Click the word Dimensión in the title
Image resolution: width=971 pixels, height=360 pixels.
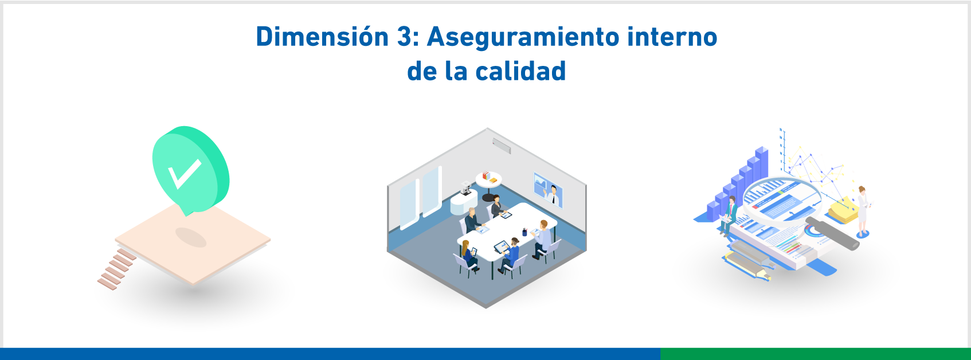click(322, 37)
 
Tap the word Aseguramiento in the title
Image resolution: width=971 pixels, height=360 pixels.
click(523, 37)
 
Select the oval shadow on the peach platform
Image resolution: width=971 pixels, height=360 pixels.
click(191, 237)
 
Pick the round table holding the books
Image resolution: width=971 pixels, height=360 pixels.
click(489, 180)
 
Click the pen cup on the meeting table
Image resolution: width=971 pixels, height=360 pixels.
click(524, 232)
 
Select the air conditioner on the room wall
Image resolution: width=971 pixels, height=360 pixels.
click(502, 146)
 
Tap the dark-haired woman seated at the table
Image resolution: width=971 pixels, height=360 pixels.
click(496, 205)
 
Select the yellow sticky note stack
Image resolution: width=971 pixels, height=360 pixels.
click(842, 210)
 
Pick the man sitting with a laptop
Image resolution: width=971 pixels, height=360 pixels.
click(730, 216)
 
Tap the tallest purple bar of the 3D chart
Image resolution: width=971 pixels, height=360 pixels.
click(761, 163)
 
